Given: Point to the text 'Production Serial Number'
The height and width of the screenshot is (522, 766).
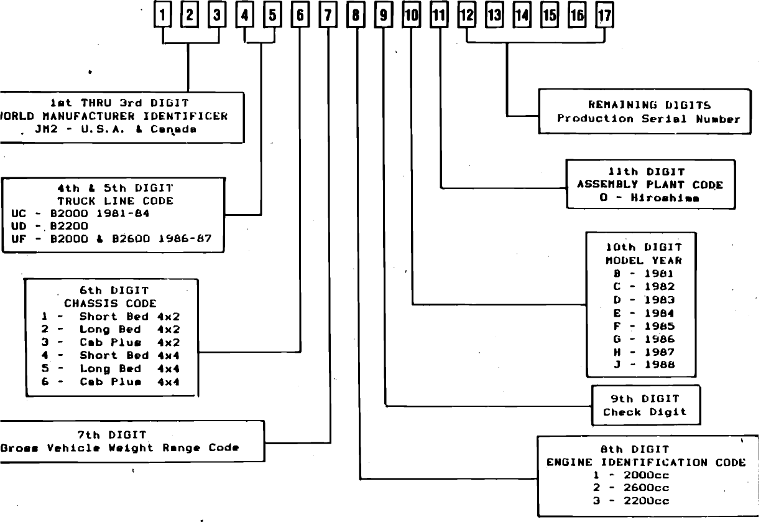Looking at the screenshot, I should pos(648,119).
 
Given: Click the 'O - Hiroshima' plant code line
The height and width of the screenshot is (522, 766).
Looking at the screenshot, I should pos(649,198).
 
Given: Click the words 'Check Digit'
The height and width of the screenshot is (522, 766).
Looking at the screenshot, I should pos(645,412).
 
